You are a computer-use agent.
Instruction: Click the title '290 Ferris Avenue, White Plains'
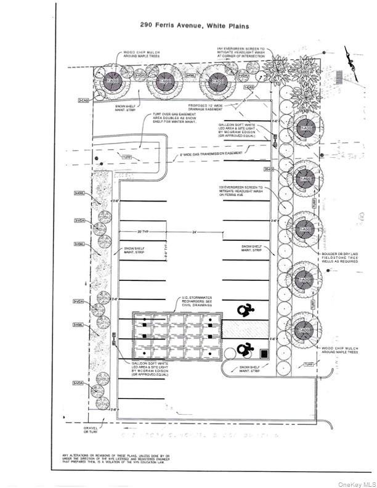point(188,25)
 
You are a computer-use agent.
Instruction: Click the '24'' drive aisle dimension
point(193,232)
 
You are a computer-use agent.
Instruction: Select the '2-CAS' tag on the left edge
point(83,100)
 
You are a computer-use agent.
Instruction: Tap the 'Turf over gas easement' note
point(171,121)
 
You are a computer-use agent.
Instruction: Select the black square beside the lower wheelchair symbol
point(264,354)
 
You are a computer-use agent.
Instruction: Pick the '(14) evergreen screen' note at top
point(241,52)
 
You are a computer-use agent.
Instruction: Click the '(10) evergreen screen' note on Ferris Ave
point(241,191)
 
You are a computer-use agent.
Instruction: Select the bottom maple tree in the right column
point(304,331)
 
